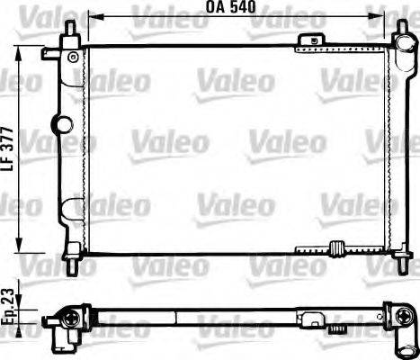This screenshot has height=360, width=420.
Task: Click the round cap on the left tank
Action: click(62, 123)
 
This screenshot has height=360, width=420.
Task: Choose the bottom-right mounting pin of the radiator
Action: click(399, 266)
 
